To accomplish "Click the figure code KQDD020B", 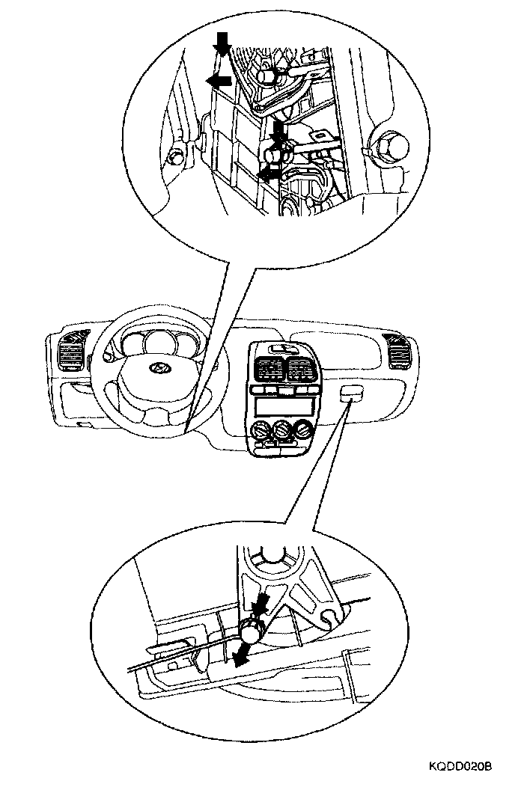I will coord(460,767).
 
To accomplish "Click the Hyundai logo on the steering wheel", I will coord(156,369).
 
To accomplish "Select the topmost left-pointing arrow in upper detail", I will coord(219,81).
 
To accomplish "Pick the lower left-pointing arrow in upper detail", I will coord(268,174).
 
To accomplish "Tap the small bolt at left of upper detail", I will coord(176,158).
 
